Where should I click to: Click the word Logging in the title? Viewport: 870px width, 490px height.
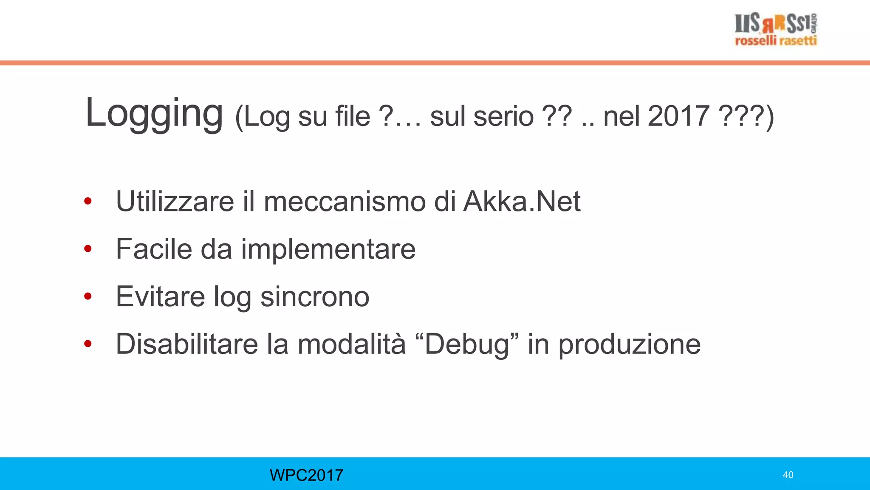(154, 113)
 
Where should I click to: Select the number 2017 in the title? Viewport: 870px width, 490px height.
(678, 116)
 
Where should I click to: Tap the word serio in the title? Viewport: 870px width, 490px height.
(503, 116)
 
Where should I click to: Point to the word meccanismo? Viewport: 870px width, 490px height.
(345, 201)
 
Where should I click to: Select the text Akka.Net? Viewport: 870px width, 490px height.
(522, 201)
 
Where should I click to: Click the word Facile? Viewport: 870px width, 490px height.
(154, 249)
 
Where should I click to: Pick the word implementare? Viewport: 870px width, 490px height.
(328, 250)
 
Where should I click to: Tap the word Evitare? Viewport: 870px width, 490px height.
(160, 296)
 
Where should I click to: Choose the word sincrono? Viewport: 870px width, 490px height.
(315, 296)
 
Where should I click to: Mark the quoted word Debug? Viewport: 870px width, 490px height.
(467, 345)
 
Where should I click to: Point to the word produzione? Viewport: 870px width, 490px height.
(629, 345)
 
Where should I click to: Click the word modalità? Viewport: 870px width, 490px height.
(351, 344)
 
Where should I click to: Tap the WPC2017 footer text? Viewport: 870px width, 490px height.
(306, 475)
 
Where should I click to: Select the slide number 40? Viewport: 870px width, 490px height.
(788, 475)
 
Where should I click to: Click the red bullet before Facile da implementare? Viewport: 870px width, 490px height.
(88, 249)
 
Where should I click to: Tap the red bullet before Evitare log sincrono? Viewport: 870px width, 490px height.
(88, 296)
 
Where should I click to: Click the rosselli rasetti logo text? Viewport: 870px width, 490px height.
(776, 41)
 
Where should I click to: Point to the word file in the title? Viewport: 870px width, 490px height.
(353, 116)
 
